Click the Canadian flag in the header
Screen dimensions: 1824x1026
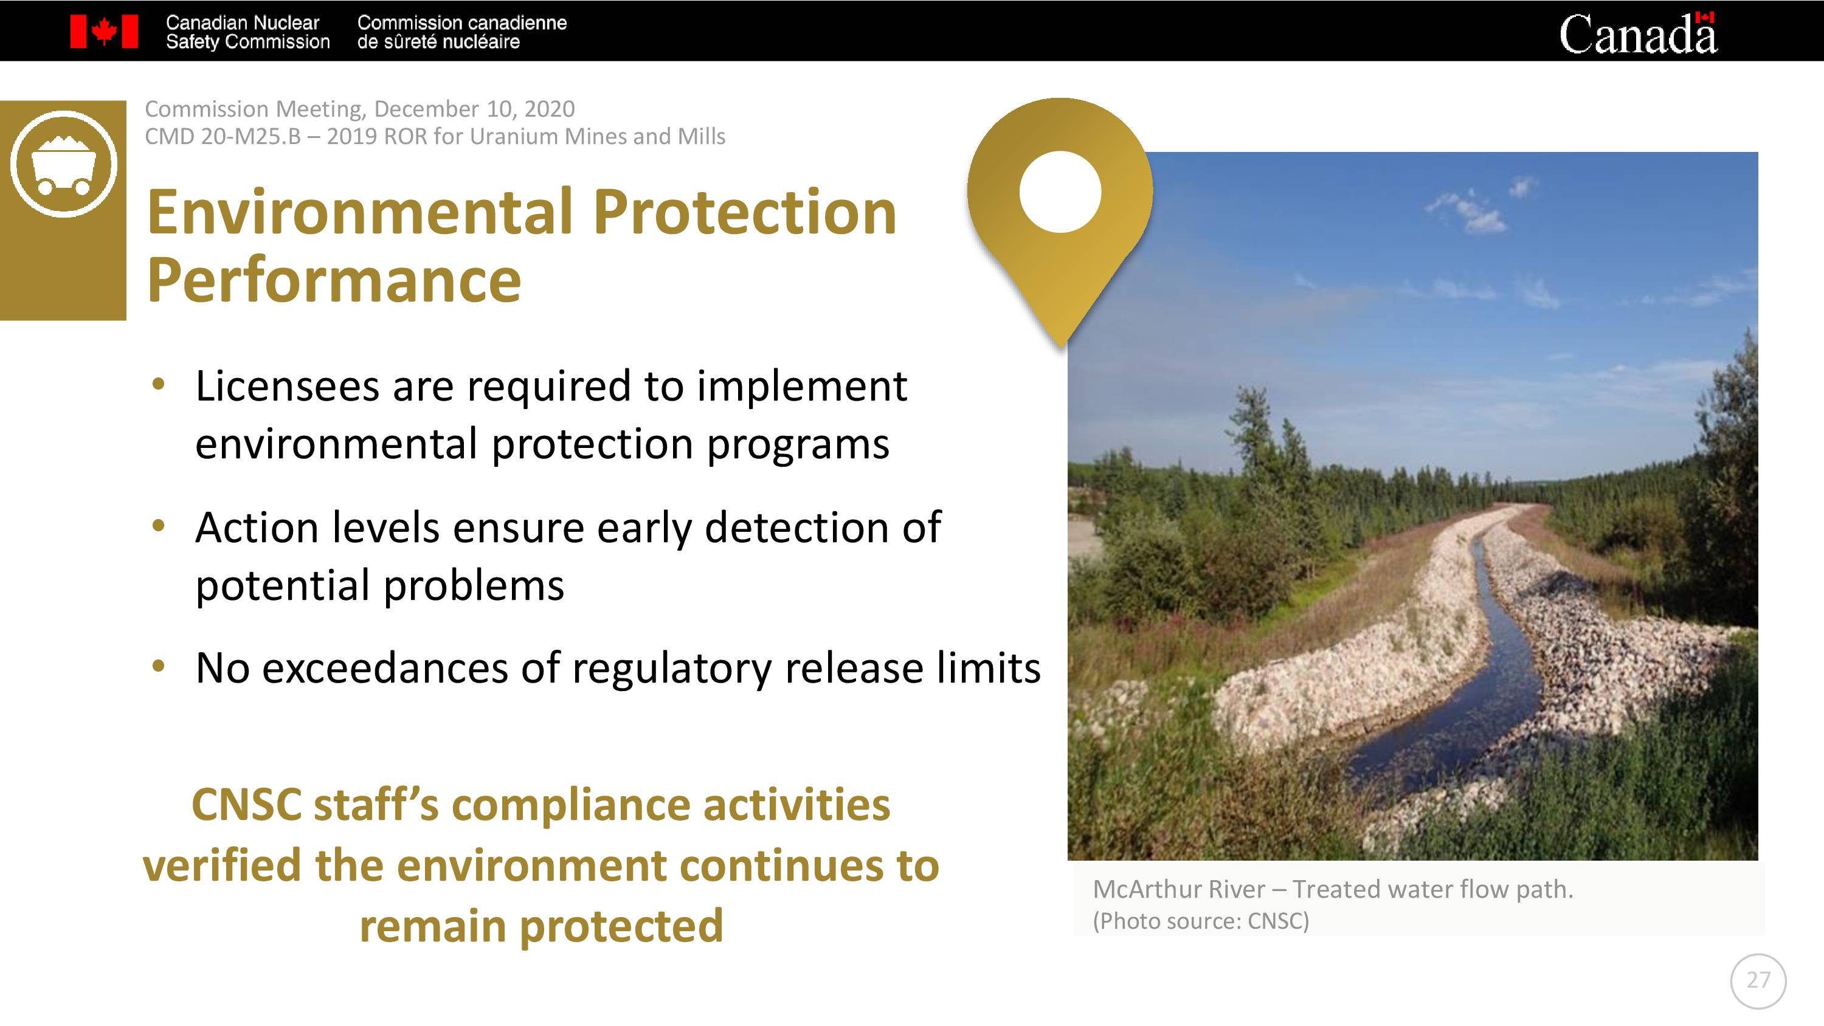click(x=104, y=32)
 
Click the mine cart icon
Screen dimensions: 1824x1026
click(x=63, y=164)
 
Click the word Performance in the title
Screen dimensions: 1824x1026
click(x=334, y=280)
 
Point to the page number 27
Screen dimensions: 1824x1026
click(x=1758, y=980)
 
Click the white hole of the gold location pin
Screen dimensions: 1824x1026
click(x=1060, y=191)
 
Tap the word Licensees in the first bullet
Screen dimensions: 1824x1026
click(x=288, y=386)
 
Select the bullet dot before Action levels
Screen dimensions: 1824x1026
click(x=159, y=525)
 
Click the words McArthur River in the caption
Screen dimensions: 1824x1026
click(x=1179, y=889)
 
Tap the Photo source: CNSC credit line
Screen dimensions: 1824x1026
click(x=1201, y=920)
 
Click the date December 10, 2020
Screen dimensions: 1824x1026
click(x=474, y=109)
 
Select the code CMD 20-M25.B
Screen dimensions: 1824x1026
click(x=223, y=136)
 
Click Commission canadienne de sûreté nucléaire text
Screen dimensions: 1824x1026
click(x=461, y=32)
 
